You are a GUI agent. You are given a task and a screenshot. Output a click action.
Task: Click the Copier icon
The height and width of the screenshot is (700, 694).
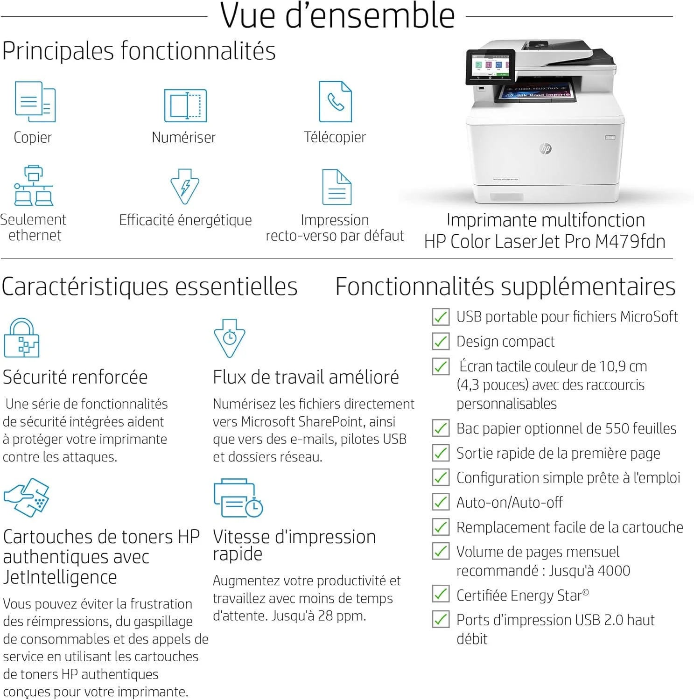coord(35,102)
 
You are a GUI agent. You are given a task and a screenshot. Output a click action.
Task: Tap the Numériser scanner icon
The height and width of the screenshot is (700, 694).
coord(185,105)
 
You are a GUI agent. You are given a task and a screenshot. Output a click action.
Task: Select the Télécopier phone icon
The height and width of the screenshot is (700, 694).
coord(335,102)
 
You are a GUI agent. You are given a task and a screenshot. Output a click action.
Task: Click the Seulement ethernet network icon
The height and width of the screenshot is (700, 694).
coord(34,185)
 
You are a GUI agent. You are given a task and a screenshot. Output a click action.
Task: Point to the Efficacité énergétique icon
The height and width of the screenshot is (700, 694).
coord(185,187)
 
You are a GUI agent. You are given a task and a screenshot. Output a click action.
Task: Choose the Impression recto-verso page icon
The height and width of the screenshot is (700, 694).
coord(336,187)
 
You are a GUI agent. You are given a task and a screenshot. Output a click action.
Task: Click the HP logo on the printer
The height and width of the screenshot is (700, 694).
coord(546,148)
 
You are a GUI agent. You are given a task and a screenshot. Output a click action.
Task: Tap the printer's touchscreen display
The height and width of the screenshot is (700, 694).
coord(491,67)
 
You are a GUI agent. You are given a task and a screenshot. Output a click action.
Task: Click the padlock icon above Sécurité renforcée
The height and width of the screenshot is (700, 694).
coord(21,338)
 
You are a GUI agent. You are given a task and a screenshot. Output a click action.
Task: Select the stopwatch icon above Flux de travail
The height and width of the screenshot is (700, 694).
coord(229,338)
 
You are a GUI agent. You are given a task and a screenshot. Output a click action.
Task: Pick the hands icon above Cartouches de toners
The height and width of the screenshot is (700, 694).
coord(27,497)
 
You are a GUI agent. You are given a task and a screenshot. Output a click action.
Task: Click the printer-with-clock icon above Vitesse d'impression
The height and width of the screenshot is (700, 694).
coord(238,498)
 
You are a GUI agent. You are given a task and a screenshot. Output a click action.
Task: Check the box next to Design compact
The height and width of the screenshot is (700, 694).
coord(441,342)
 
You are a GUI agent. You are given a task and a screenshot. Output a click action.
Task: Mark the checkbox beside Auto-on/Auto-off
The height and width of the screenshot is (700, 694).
coord(441,502)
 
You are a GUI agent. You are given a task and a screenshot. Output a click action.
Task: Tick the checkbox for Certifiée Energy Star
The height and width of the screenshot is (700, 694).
coord(441,595)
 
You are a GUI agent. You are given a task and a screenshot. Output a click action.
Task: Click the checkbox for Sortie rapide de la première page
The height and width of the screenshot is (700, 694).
coord(441,453)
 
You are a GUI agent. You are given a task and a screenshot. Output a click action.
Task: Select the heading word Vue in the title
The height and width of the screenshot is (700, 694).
coord(249,16)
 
